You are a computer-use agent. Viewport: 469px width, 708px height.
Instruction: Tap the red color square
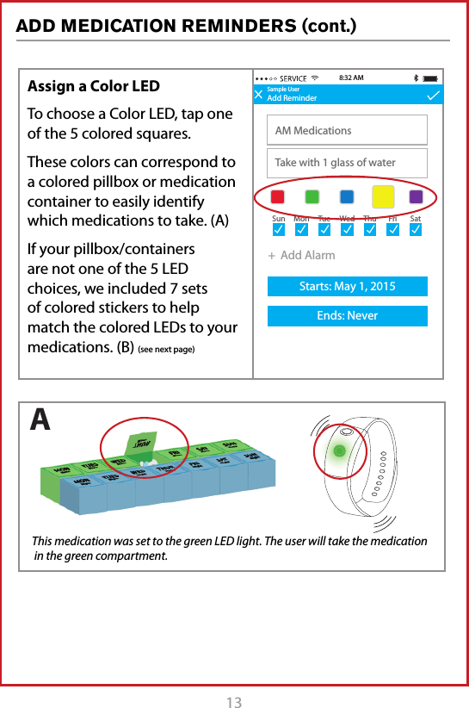point(278,196)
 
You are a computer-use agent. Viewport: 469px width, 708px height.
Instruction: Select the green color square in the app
point(312,196)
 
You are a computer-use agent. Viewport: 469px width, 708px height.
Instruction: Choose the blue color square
point(347,196)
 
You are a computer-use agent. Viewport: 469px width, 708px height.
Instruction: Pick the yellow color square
point(383,196)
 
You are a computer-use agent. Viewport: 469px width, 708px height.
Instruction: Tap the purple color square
point(417,196)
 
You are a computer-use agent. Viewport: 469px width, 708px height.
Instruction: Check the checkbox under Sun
point(278,231)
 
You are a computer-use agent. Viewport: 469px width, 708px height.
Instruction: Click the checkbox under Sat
point(416,231)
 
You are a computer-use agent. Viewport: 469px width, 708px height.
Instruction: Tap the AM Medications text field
point(348,130)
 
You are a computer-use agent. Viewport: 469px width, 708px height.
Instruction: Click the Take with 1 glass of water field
point(348,162)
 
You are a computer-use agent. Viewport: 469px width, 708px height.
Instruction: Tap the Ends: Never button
point(348,316)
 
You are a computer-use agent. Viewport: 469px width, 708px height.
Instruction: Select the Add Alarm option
point(302,255)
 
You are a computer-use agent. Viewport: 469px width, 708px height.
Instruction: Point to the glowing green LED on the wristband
point(339,450)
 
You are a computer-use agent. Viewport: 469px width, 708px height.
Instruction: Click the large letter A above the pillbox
point(40,419)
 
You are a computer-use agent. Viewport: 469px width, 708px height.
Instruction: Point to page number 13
point(234,702)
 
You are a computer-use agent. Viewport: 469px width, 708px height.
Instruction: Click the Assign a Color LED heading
point(94,86)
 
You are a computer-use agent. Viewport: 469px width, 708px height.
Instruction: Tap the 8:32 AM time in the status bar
point(352,78)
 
